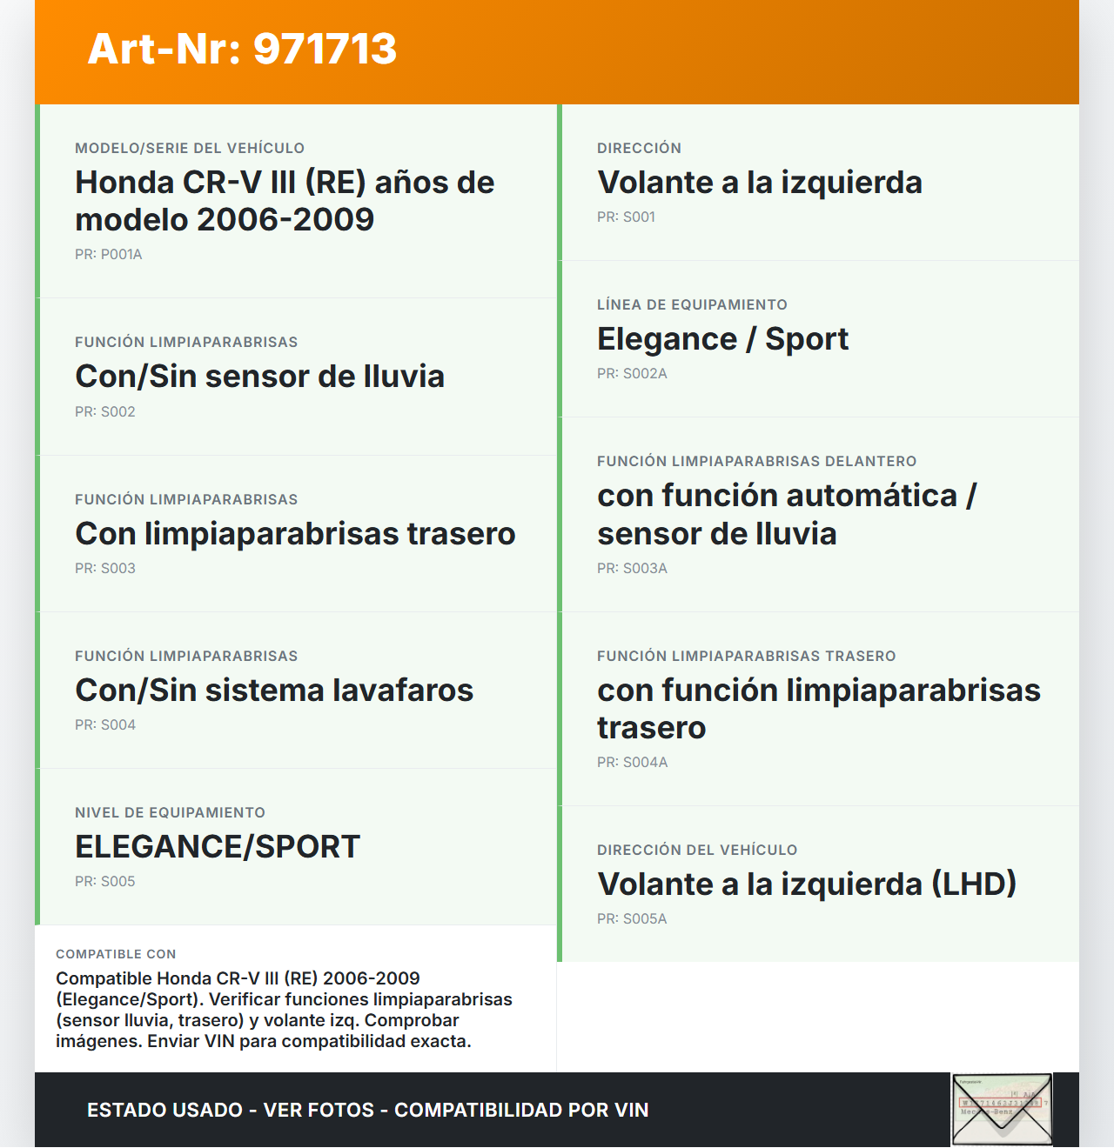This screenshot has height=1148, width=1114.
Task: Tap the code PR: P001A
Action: pos(109,255)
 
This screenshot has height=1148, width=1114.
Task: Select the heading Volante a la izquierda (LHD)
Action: pos(807,884)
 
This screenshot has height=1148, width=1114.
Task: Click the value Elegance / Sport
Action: pos(722,339)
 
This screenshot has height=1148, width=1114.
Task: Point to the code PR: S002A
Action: pos(632,374)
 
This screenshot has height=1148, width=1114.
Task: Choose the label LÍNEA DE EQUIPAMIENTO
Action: pos(692,305)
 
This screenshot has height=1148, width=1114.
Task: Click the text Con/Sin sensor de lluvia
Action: pos(259,377)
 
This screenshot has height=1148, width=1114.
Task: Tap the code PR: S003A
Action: pos(632,569)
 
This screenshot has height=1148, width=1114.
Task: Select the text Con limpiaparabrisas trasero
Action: pos(295,534)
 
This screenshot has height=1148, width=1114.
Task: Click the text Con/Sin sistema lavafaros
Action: pos(274,691)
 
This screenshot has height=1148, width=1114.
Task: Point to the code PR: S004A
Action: pos(632,763)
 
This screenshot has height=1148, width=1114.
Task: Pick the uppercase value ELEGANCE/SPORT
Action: pos(218,847)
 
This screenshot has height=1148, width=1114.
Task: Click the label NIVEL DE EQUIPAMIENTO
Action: pos(170,813)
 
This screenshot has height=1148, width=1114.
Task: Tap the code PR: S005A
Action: pos(632,919)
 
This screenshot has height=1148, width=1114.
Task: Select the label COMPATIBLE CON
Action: pos(116,954)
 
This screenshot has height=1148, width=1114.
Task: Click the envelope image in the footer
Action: pos(1002,1110)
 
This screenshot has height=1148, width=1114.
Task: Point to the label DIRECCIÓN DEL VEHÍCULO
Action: pos(697,851)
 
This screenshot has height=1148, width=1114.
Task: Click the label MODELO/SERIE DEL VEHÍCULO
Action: pos(190,149)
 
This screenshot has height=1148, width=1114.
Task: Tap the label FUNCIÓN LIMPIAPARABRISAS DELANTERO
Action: pos(756,462)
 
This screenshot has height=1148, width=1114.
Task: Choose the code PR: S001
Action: pos(626,217)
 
